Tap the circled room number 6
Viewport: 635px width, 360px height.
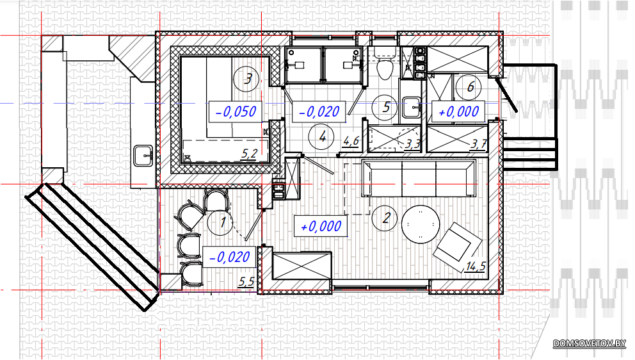pyautogui.click(x=469, y=86)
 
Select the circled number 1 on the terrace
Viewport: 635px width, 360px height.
pyautogui.click(x=221, y=222)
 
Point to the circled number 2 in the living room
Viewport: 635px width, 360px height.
pyautogui.click(x=385, y=218)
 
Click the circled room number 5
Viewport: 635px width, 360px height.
pyautogui.click(x=385, y=107)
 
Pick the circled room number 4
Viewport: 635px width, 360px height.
pyautogui.click(x=321, y=137)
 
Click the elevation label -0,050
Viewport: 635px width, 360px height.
pyautogui.click(x=236, y=111)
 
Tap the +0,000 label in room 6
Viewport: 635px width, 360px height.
pyautogui.click(x=458, y=111)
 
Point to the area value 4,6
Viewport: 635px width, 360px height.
pyautogui.click(x=351, y=141)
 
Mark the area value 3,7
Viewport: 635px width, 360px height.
pyautogui.click(x=478, y=144)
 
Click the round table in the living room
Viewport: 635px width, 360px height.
pyautogui.click(x=421, y=224)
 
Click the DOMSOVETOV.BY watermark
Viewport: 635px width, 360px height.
pyautogui.click(x=590, y=343)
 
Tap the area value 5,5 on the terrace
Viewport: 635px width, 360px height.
pyautogui.click(x=246, y=281)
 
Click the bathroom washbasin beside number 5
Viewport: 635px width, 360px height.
pyautogui.click(x=411, y=107)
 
